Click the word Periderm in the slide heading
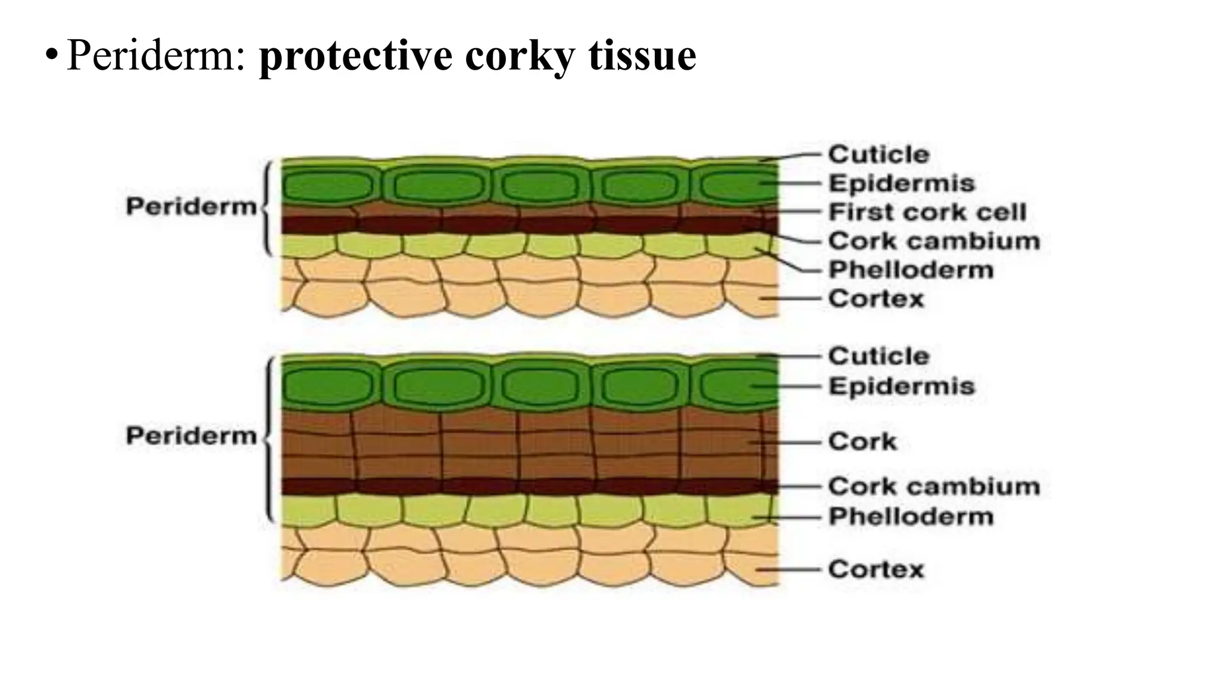155,55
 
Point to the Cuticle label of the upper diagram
879,155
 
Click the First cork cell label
927,212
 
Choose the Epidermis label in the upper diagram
902,183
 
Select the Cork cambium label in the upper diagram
934,241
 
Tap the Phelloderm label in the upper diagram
911,270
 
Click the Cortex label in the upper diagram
876,298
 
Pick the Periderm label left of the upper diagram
191,207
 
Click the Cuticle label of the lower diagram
879,356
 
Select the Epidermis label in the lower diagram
902,386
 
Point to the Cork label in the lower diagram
862,442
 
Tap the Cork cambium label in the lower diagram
934,487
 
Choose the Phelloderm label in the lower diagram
911,516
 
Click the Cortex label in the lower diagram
876,569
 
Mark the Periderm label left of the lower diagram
191,436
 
